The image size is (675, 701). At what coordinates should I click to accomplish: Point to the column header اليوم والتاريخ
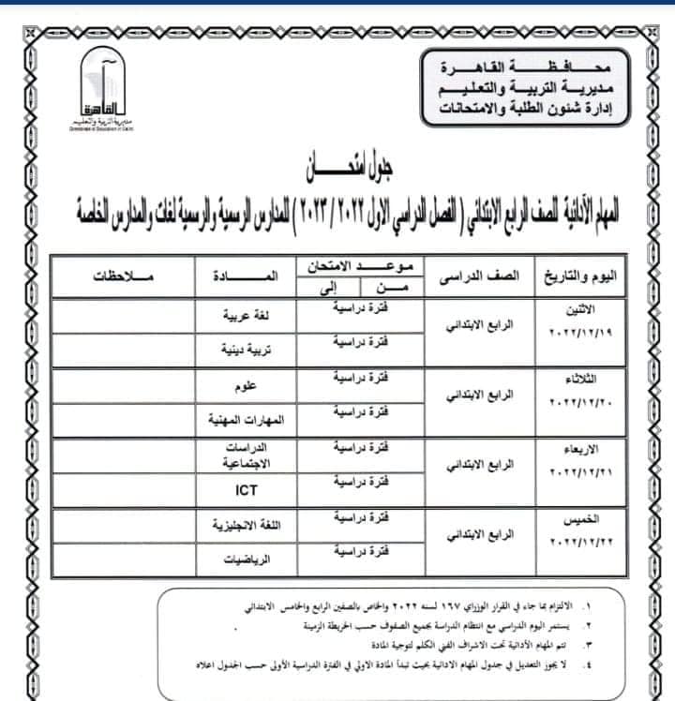(587, 277)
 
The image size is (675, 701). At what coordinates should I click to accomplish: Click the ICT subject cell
(245, 489)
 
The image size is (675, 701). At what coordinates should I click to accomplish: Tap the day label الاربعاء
(589, 448)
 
